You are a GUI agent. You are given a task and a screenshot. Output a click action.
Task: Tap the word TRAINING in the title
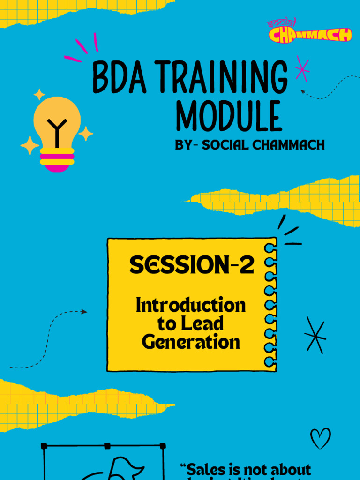tap(220, 77)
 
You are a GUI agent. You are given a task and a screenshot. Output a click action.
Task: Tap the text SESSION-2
tap(192, 265)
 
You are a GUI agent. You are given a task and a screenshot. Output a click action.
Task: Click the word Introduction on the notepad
tap(191, 305)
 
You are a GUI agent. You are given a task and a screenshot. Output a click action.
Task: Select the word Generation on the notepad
tap(191, 342)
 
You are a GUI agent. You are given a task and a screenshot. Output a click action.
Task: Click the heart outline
tap(321, 438)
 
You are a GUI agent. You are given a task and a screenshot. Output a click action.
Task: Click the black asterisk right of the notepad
tap(315, 335)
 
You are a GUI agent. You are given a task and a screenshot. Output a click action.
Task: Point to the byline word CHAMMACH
tap(288, 145)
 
